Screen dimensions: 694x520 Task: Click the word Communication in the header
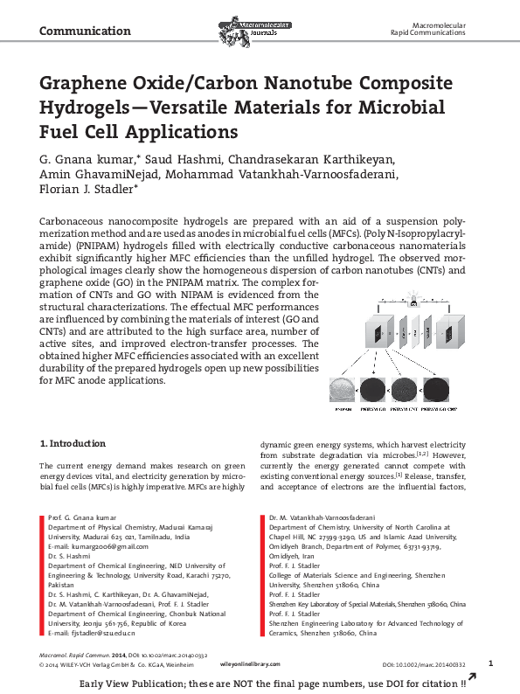(85, 31)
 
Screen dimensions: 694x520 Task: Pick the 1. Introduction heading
(73, 443)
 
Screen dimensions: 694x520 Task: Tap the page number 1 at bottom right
(490, 688)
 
